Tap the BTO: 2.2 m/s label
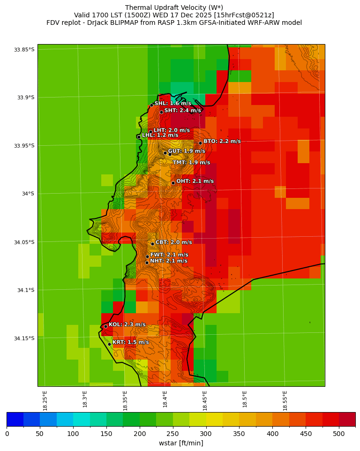(222, 141)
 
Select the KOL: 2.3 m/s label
(127, 324)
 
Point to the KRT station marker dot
(109, 344)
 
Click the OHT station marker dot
(173, 183)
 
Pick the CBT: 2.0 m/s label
(173, 242)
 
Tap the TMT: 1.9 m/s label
(191, 163)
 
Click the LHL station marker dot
(139, 137)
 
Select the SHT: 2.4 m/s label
(182, 110)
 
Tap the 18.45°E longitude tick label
(205, 400)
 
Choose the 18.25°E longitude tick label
(45, 400)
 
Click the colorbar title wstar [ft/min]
(181, 443)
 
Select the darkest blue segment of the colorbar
(15, 419)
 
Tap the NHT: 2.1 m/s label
(168, 261)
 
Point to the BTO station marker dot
(200, 143)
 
